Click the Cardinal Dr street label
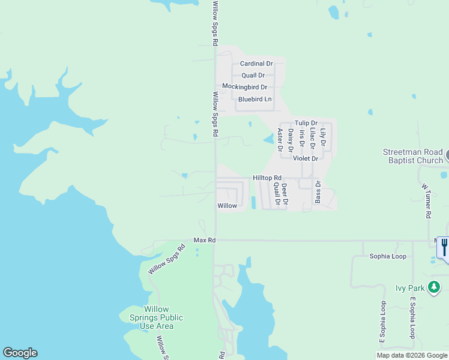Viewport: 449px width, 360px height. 256,64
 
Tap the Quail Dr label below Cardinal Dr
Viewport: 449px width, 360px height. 253,76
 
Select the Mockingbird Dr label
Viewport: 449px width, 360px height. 244,86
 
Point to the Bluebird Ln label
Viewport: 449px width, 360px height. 255,99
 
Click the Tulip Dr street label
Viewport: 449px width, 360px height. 306,123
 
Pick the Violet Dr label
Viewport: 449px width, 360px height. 305,158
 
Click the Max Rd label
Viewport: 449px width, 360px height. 204,240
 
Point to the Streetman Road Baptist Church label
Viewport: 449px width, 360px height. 412,157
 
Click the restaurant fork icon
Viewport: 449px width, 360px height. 444,246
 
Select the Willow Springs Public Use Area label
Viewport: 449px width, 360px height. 156,317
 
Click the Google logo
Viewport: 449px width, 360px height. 20,353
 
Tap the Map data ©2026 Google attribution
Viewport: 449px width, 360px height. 412,355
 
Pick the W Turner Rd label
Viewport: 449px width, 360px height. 429,201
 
